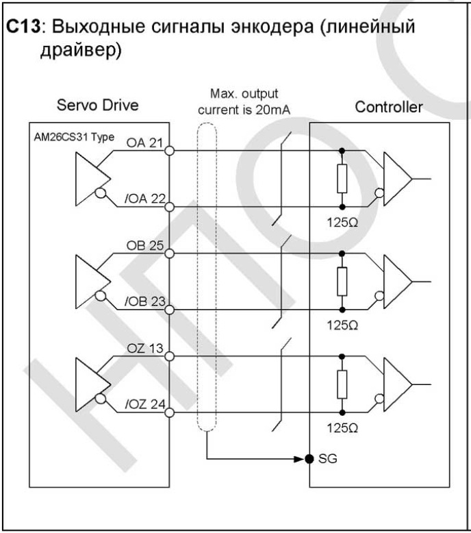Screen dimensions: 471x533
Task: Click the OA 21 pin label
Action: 144,142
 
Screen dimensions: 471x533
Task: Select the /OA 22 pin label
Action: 145,199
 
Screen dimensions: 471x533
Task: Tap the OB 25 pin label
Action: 145,245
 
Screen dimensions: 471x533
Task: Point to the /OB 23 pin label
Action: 145,301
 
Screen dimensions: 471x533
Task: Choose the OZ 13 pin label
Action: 145,349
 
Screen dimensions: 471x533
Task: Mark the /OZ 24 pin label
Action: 145,404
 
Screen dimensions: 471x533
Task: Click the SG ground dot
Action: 309,459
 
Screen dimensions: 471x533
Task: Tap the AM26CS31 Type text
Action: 74,137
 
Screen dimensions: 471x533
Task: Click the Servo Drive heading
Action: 97,105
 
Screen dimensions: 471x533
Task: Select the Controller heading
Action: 389,107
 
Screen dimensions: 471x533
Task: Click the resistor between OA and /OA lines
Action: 342,179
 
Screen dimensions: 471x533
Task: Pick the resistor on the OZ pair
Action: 342,384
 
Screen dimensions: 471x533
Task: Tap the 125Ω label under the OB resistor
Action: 342,325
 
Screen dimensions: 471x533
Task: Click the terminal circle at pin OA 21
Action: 169,150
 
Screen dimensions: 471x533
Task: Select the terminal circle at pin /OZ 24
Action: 169,412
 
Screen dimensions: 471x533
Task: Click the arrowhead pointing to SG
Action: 299,459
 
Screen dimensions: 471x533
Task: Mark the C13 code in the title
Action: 23,27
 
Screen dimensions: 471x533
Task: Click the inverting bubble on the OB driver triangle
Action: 100,296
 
